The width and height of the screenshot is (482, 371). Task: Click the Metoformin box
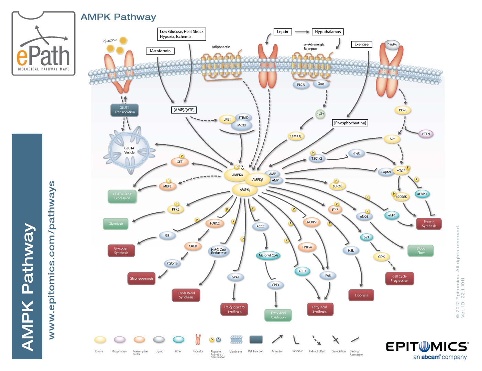coord(160,51)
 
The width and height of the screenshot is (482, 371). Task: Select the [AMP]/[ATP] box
coord(184,110)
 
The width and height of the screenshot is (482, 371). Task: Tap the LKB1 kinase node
coord(227,119)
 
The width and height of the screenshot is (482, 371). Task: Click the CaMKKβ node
coord(296,136)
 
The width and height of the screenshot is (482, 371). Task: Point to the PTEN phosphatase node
coord(426,134)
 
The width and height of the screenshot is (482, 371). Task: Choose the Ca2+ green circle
coord(320,114)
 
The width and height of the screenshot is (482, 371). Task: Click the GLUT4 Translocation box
coord(124,110)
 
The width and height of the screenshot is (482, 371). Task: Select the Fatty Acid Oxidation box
coord(278,315)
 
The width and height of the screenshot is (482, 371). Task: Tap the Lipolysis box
coord(361,295)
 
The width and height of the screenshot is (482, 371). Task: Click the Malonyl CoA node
coord(268,255)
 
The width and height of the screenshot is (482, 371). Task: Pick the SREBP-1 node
coord(311,222)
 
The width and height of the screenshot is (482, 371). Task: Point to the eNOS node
coord(364,216)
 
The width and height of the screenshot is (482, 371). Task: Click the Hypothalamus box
coord(328,32)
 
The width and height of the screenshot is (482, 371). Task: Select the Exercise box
coord(362,44)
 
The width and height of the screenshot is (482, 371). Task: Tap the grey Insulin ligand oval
coord(392,45)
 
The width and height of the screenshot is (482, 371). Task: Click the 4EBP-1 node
coord(422,194)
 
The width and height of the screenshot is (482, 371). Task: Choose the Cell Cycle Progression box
coord(399,278)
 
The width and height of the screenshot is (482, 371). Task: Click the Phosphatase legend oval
coord(120,339)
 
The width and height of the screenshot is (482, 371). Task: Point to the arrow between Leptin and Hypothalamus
coord(302,32)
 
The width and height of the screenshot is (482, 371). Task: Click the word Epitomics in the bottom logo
coord(427,346)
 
